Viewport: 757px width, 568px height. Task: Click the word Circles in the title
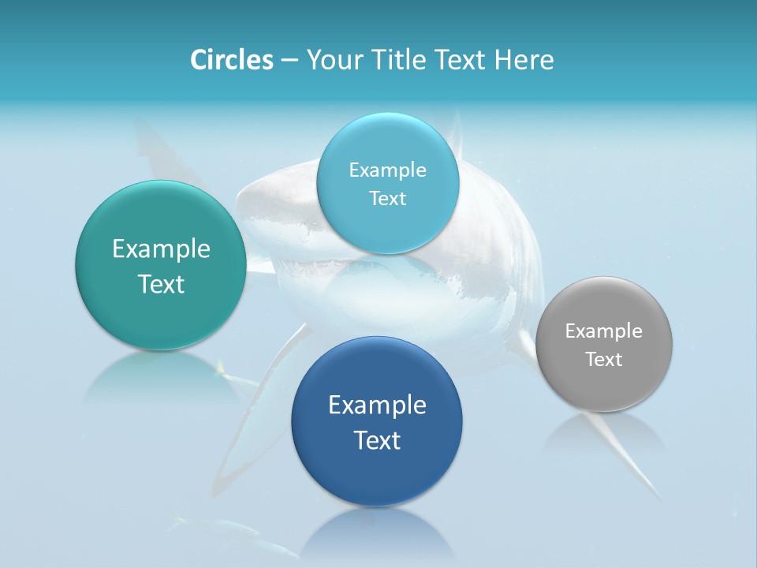point(231,60)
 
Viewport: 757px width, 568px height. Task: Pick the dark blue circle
point(377,473)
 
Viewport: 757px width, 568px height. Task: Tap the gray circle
point(604,387)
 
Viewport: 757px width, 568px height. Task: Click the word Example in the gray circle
point(604,331)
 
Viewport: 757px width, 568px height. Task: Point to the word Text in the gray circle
point(604,360)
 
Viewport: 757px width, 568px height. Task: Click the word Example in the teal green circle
point(161,249)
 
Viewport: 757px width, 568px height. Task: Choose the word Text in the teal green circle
point(161,284)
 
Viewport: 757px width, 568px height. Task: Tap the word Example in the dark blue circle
point(377,405)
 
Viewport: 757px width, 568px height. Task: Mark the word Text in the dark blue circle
point(377,440)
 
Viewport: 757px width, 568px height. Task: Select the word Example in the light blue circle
point(387,170)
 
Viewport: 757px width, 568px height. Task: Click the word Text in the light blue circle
point(387,199)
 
